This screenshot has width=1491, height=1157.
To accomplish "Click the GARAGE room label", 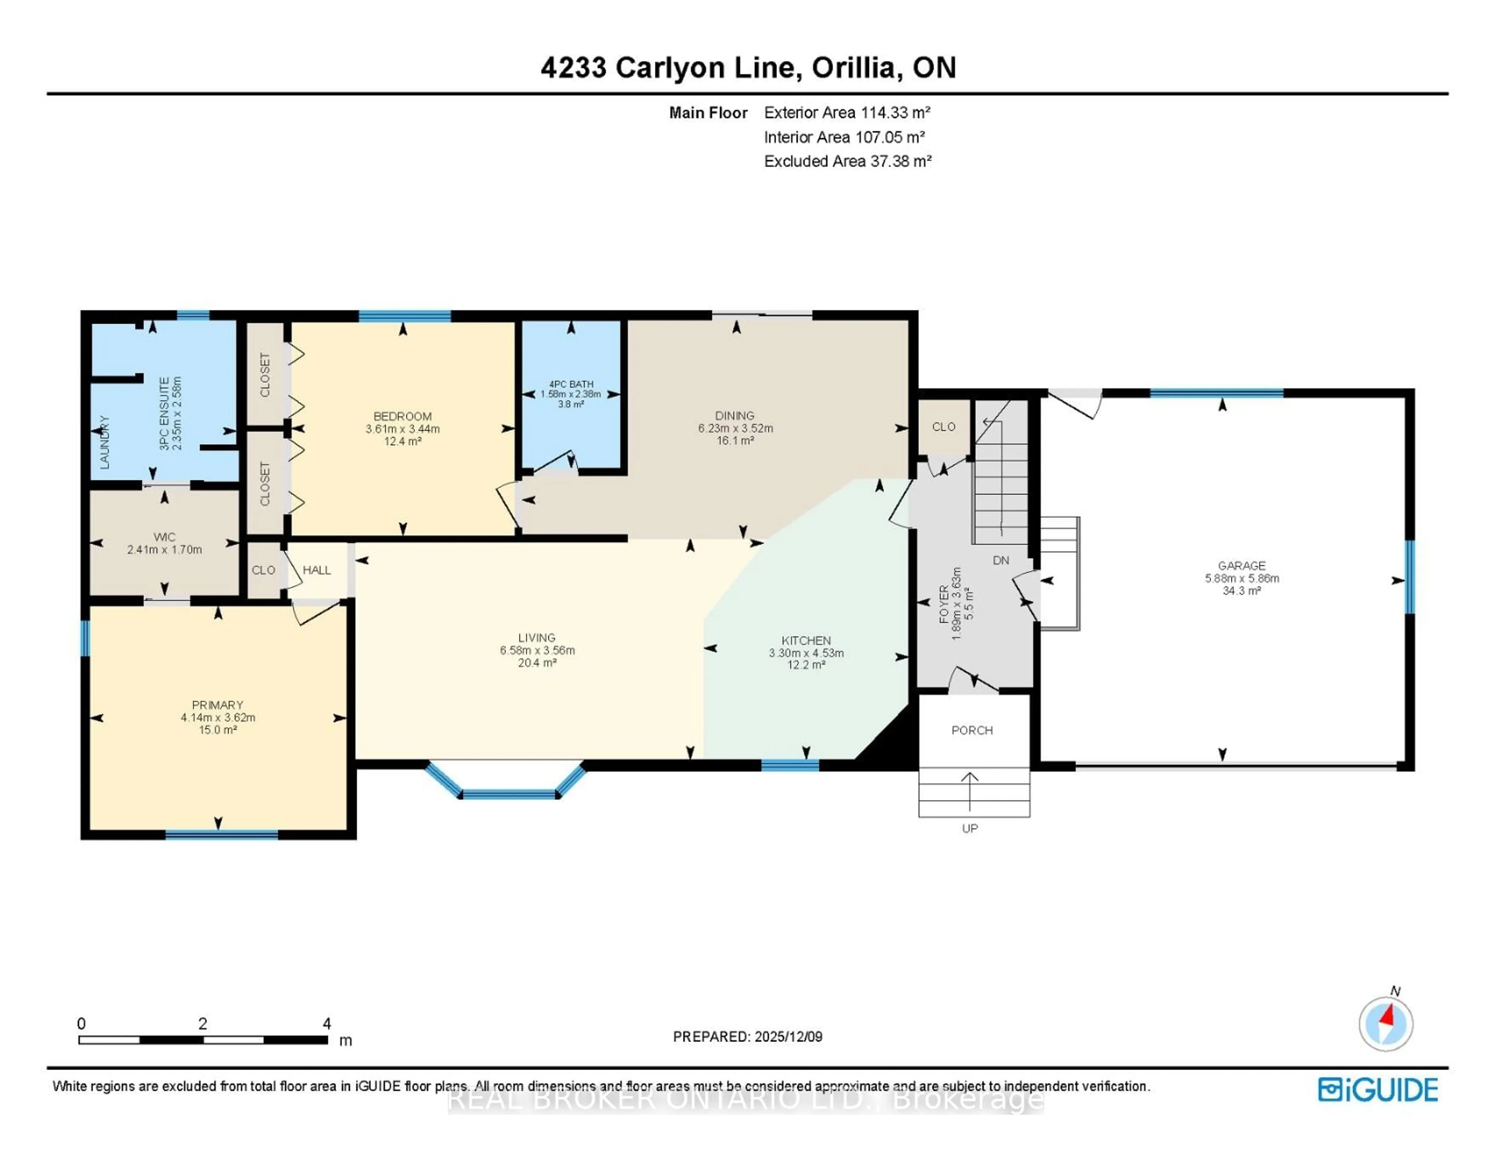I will (1241, 565).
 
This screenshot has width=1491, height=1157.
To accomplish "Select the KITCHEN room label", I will (806, 640).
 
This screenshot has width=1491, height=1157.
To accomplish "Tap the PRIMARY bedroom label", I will (217, 704).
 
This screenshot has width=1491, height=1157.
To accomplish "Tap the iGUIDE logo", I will (1378, 1089).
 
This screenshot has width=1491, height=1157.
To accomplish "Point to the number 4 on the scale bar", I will (327, 1023).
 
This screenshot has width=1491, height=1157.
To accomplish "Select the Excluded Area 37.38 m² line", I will (847, 161).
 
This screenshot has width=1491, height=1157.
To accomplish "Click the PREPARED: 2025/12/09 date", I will (747, 1036).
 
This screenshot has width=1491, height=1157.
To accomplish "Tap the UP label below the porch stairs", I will (970, 828).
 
